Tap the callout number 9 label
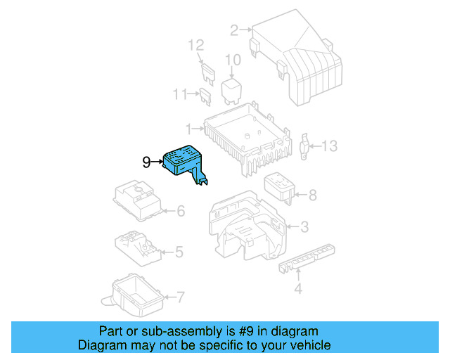click(x=146, y=162)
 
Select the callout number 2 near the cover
click(x=234, y=30)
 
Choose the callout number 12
click(x=196, y=46)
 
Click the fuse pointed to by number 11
click(x=206, y=97)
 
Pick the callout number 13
click(x=330, y=146)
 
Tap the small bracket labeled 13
click(x=304, y=146)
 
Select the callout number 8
click(x=312, y=195)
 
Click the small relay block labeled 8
click(x=279, y=188)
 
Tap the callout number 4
click(x=298, y=288)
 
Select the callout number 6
click(x=181, y=211)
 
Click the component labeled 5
click(x=138, y=248)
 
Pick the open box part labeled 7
click(x=134, y=295)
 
